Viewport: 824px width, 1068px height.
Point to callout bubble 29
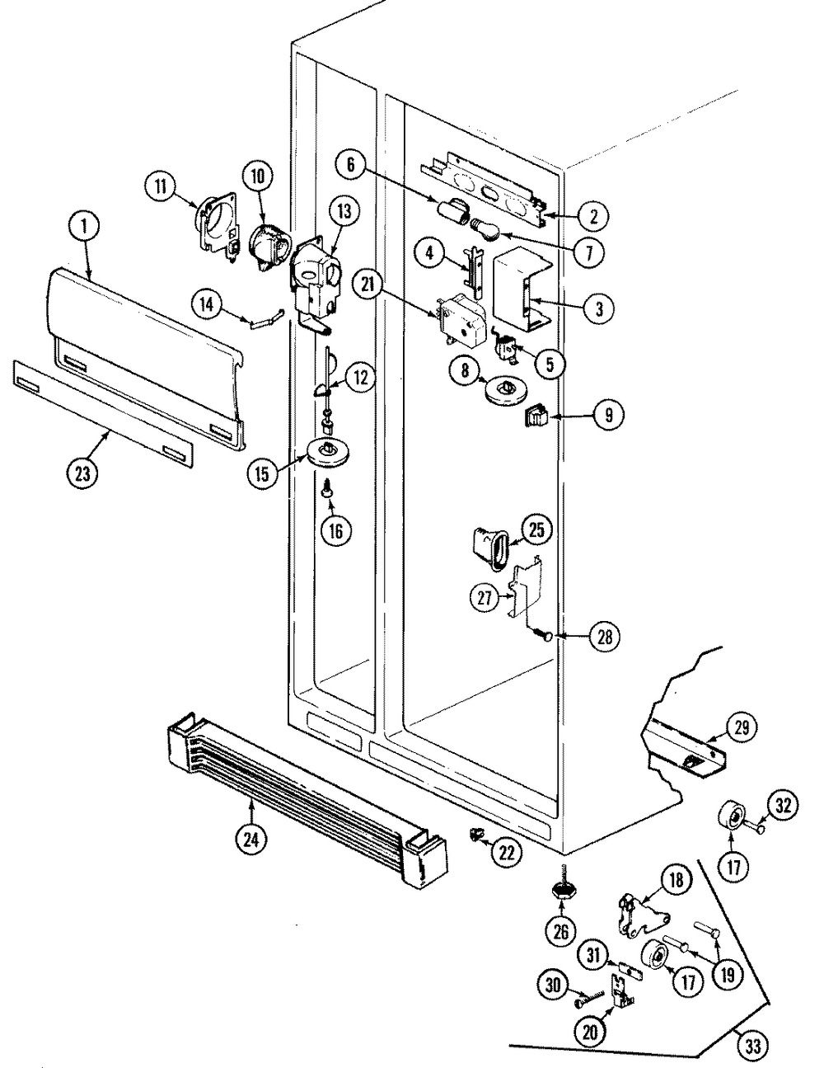(739, 727)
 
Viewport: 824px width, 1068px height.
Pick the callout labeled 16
(335, 530)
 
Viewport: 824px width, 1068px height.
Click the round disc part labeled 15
(331, 451)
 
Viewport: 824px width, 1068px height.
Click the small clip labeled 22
(475, 835)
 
